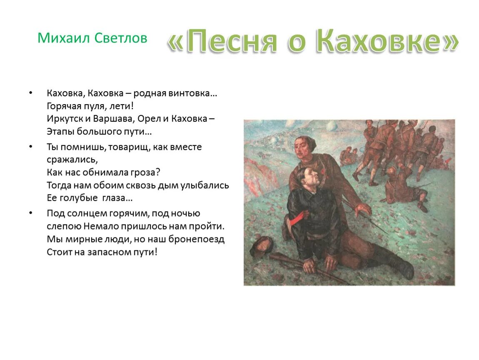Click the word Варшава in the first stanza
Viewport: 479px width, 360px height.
tap(112, 119)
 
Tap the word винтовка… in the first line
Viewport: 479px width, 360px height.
tap(193, 93)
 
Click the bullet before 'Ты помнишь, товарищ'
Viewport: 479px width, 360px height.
tap(31, 147)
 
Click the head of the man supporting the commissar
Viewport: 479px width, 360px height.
tap(305, 145)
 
